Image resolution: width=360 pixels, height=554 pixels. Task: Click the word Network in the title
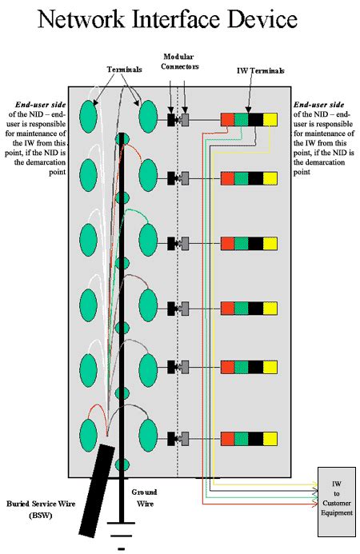pos(82,19)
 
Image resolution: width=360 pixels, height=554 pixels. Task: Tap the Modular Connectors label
pos(180,62)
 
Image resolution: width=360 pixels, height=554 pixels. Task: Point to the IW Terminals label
pos(261,70)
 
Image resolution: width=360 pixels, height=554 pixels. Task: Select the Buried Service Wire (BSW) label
pos(41,509)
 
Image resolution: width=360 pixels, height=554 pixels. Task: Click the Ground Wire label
pos(144,497)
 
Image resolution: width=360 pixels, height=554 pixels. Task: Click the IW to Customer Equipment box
pos(337,502)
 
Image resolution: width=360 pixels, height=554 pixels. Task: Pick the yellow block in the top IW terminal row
pos(270,119)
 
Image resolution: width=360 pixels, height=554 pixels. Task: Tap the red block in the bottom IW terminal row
pos(228,439)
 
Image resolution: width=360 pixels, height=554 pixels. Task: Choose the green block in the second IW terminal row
pos(242,178)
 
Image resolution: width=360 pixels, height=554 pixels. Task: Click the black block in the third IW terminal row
pos(256,244)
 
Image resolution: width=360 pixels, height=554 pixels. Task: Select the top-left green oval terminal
pos(88,117)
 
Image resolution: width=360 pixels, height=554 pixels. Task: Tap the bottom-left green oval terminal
pos(88,435)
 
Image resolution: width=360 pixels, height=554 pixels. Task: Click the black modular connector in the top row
pos(171,119)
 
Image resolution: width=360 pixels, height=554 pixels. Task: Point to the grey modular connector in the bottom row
pos(185,439)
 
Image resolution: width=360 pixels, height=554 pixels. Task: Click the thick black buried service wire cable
pos(97,491)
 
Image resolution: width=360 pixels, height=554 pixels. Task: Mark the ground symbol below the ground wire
pos(122,536)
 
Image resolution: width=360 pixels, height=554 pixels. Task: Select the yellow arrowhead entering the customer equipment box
pos(314,484)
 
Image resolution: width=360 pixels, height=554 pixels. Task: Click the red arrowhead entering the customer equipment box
pos(314,504)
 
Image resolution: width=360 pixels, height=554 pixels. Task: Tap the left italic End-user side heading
pos(40,105)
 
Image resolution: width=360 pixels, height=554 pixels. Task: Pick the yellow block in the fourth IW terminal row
pos(270,309)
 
